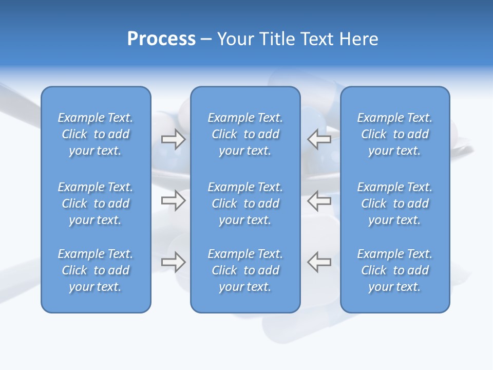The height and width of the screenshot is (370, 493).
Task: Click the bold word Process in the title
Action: coord(161,39)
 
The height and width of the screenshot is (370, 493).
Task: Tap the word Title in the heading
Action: coord(276,39)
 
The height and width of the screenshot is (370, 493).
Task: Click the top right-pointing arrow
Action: coord(173,139)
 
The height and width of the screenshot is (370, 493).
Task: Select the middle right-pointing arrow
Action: coord(173,200)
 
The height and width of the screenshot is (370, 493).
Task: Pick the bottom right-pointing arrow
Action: coord(173,262)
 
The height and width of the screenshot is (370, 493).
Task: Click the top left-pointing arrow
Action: coord(319,139)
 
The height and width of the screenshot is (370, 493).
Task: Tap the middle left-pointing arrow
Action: coord(319,200)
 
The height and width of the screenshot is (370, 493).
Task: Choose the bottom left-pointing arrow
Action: coord(319,262)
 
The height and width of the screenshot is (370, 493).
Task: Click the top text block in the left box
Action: coord(96,134)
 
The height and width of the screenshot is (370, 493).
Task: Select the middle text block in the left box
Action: coord(96,203)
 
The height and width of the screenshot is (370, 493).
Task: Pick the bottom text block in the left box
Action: coord(96,270)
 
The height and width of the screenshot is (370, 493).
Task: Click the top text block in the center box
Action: coord(245,134)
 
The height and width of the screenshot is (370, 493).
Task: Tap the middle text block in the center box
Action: coord(245,203)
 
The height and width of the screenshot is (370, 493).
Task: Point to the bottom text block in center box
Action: coord(245,270)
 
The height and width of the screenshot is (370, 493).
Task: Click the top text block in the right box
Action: coord(394,134)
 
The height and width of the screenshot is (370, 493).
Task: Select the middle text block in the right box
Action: coord(394,203)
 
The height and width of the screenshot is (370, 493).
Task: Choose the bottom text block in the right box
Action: coord(394,270)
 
